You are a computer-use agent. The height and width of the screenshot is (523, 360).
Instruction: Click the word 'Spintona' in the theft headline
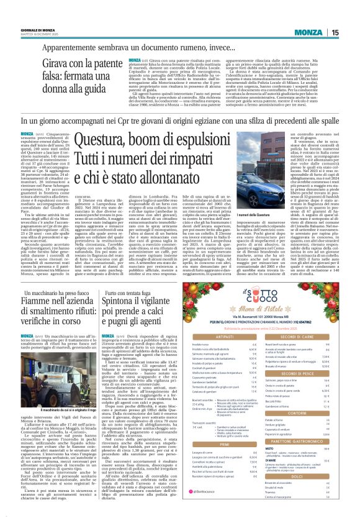(x=128, y=301)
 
